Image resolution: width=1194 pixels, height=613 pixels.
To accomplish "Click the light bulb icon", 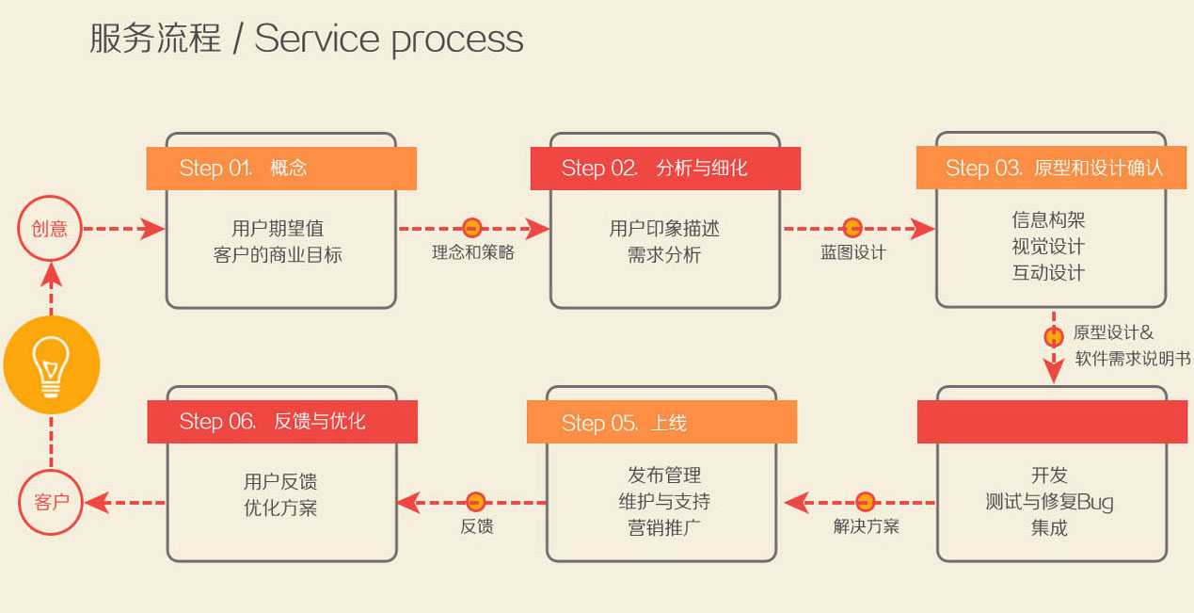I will point(51,364).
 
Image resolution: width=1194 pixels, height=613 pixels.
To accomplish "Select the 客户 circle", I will point(51,502).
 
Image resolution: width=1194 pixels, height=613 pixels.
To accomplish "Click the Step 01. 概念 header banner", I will point(281,169).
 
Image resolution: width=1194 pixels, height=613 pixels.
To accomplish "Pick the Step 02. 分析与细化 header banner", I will point(665,169).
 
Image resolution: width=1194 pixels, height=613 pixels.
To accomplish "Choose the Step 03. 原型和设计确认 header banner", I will point(1052,169).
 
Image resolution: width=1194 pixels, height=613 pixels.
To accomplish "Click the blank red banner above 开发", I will point(1052,422).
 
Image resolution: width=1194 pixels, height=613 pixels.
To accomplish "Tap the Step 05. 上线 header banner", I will point(661,422).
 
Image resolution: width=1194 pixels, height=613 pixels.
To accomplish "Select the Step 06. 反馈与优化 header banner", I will point(281,422).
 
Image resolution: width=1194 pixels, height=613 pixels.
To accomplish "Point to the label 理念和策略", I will point(472,252).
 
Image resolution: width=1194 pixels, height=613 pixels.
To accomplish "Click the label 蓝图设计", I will point(852,252).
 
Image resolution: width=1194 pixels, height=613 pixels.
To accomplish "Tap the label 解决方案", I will point(866,526).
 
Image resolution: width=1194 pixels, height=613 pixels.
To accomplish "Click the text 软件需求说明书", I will point(1133,359).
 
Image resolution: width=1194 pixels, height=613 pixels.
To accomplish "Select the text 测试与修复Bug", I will point(1049,502).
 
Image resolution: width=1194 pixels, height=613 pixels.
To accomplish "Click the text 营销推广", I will point(663,527).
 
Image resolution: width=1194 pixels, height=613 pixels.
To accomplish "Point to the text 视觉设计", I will point(1048,247).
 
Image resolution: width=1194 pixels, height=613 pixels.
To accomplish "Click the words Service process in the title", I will point(389,40).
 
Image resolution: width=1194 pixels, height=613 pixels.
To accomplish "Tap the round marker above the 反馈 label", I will point(476,502).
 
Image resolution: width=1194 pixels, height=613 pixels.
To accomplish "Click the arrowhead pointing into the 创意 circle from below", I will point(51,274).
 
